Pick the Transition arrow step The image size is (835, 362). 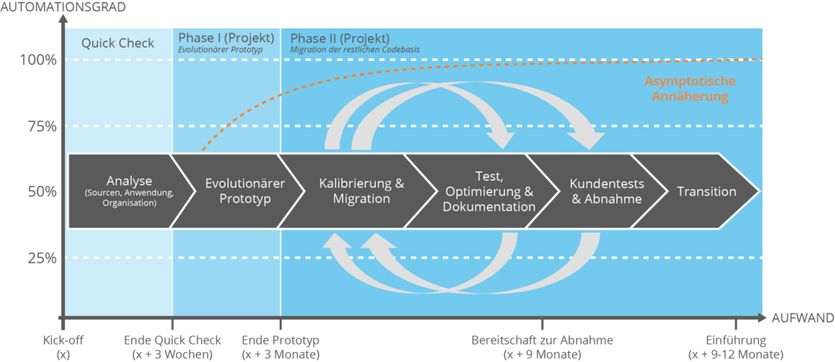(706, 191)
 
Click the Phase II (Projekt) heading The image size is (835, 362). (339, 38)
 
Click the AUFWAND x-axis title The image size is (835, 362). (802, 319)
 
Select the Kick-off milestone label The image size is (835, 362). (63, 347)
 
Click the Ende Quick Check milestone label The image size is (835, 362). (173, 347)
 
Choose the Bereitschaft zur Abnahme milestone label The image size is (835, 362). (543, 347)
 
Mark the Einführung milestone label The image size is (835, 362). (736, 347)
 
